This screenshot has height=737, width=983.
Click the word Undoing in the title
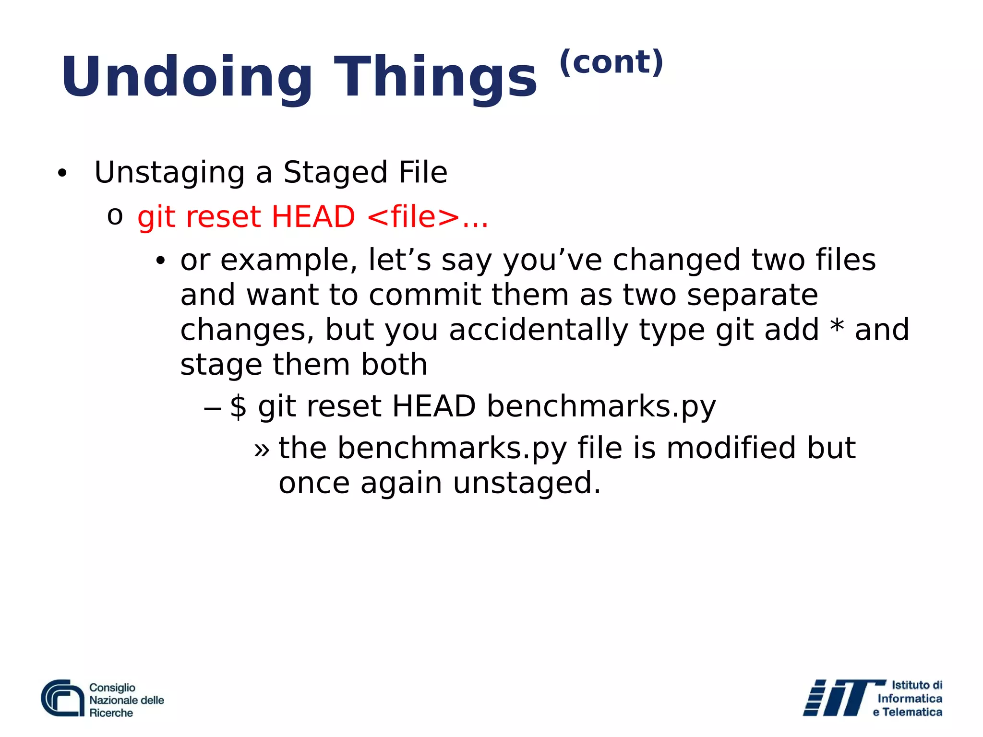click(x=186, y=77)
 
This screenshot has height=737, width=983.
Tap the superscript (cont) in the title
click(x=611, y=62)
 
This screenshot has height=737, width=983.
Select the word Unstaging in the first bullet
click(x=169, y=173)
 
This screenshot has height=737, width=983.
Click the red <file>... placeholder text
click(x=427, y=216)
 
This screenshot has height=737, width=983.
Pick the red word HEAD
click(x=313, y=216)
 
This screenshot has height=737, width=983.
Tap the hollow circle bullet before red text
click(x=115, y=216)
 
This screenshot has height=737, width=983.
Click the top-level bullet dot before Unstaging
click(x=61, y=174)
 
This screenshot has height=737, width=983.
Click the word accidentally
click(x=538, y=330)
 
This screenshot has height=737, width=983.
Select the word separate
click(x=752, y=295)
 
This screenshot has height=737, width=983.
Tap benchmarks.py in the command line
click(x=601, y=407)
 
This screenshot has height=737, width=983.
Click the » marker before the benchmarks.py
click(x=262, y=450)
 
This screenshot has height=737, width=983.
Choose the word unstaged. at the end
click(x=527, y=483)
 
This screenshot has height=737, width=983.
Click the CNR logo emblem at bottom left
click(x=63, y=698)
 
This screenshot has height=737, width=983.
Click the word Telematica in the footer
click(x=912, y=713)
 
